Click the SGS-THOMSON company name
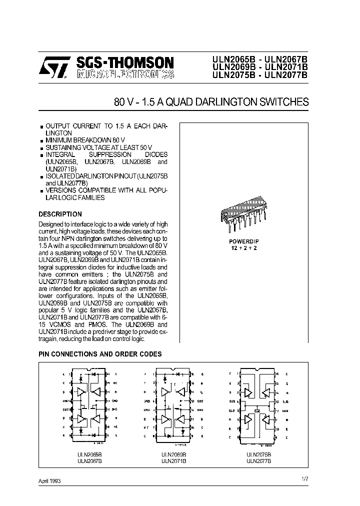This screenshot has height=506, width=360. click(125, 62)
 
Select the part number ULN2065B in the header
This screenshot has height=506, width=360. click(234, 59)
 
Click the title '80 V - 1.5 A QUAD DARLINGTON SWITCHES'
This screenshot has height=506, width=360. click(211, 102)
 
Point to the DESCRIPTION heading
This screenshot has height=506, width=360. click(60, 214)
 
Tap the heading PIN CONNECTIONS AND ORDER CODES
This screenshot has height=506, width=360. click(100, 354)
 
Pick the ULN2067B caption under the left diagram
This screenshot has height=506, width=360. click(89, 460)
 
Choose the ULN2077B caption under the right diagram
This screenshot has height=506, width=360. click(258, 460)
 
